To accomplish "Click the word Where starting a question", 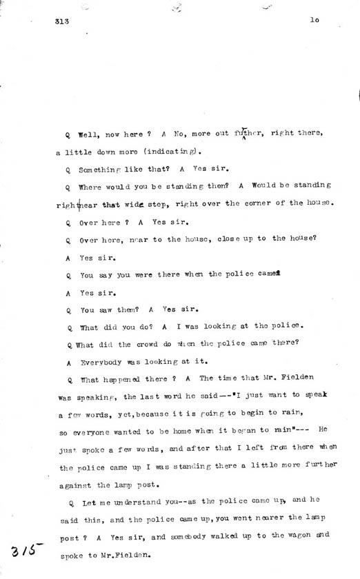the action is [x=92, y=186].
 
